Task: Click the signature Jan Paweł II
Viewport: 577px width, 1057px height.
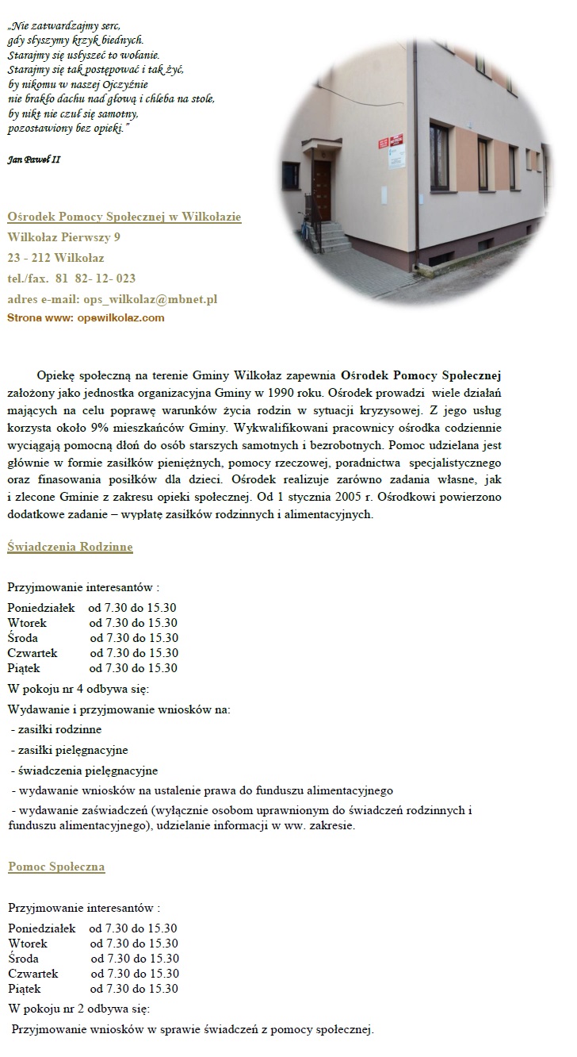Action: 34,160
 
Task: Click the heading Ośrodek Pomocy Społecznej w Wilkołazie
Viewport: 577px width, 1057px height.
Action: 124,217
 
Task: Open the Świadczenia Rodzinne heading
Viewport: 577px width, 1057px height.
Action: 70,547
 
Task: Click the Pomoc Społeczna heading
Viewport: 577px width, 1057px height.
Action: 56,867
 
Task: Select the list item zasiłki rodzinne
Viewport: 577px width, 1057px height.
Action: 57,729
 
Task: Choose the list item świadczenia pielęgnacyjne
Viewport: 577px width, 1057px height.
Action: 85,771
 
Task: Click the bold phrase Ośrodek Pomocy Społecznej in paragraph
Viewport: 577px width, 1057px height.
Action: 420,375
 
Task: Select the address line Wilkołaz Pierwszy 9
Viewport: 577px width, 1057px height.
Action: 64,237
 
